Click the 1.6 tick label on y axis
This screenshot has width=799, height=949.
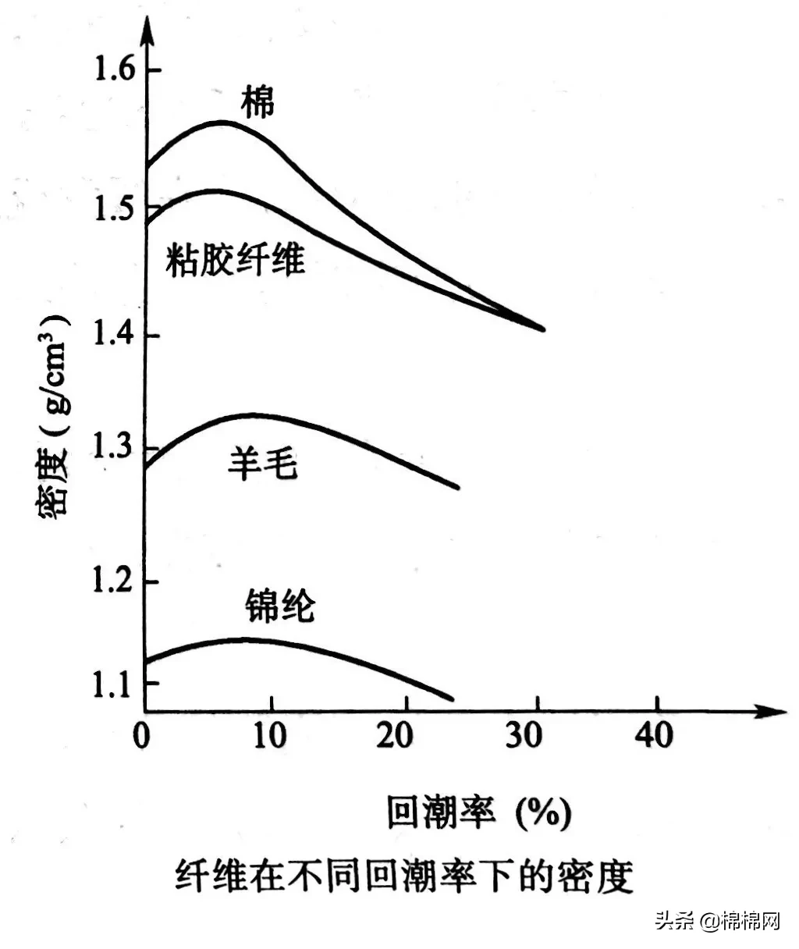(x=115, y=69)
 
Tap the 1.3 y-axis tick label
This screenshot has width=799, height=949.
(x=115, y=449)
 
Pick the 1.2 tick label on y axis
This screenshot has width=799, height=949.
(x=115, y=581)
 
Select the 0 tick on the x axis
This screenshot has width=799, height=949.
(x=141, y=735)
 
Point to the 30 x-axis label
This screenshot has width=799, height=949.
(x=527, y=735)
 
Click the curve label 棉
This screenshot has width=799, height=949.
(x=257, y=101)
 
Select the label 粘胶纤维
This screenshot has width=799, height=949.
(x=235, y=259)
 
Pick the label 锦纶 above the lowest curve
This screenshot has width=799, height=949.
(x=279, y=604)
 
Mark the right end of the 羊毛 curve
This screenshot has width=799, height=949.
(x=457, y=488)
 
